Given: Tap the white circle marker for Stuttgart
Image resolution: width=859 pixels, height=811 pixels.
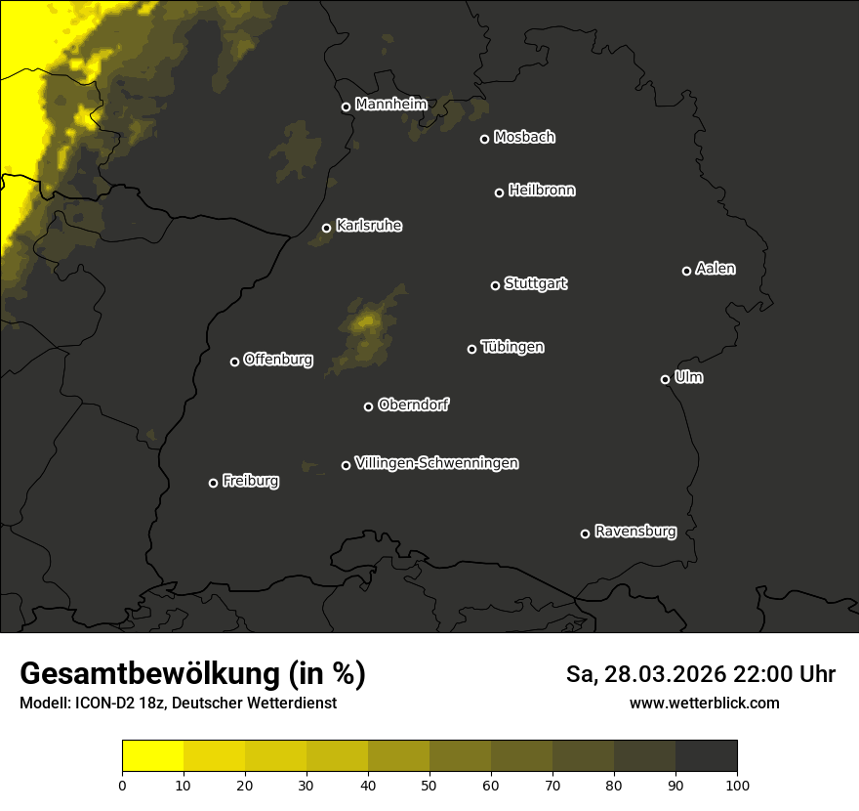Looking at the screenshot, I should point(495,285).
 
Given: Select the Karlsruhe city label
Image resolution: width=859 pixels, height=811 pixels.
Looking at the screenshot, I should point(368,226).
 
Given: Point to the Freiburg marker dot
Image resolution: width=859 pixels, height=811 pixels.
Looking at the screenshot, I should point(213,483).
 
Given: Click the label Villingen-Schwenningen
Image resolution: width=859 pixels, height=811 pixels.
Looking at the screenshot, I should point(436,463).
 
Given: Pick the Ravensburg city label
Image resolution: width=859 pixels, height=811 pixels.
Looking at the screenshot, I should point(634,532).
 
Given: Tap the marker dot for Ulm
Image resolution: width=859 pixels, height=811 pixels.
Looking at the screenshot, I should point(665,379).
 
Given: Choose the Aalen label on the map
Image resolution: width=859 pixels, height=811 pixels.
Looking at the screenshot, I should point(716,269).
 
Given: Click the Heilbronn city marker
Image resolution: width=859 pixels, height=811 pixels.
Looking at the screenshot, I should point(499,192).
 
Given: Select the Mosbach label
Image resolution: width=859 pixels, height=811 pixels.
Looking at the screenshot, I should point(524,138).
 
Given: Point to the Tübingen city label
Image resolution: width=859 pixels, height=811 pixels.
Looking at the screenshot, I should point(512,347).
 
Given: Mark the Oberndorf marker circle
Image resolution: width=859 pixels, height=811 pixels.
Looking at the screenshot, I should point(368,406).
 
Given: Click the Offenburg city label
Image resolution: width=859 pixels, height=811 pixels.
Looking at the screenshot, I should point(278,360).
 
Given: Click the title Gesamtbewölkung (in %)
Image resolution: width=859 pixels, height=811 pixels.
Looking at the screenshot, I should point(192,673).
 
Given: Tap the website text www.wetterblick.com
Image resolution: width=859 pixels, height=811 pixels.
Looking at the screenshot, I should point(704,703).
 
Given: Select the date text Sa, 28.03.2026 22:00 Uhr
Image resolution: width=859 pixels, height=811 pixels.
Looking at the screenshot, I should point(700,674).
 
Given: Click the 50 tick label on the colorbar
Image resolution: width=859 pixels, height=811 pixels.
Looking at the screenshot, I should point(429,784).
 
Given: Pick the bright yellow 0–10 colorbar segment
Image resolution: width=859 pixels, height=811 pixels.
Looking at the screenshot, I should point(152,755).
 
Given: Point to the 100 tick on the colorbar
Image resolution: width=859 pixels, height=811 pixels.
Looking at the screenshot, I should point(737,784).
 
